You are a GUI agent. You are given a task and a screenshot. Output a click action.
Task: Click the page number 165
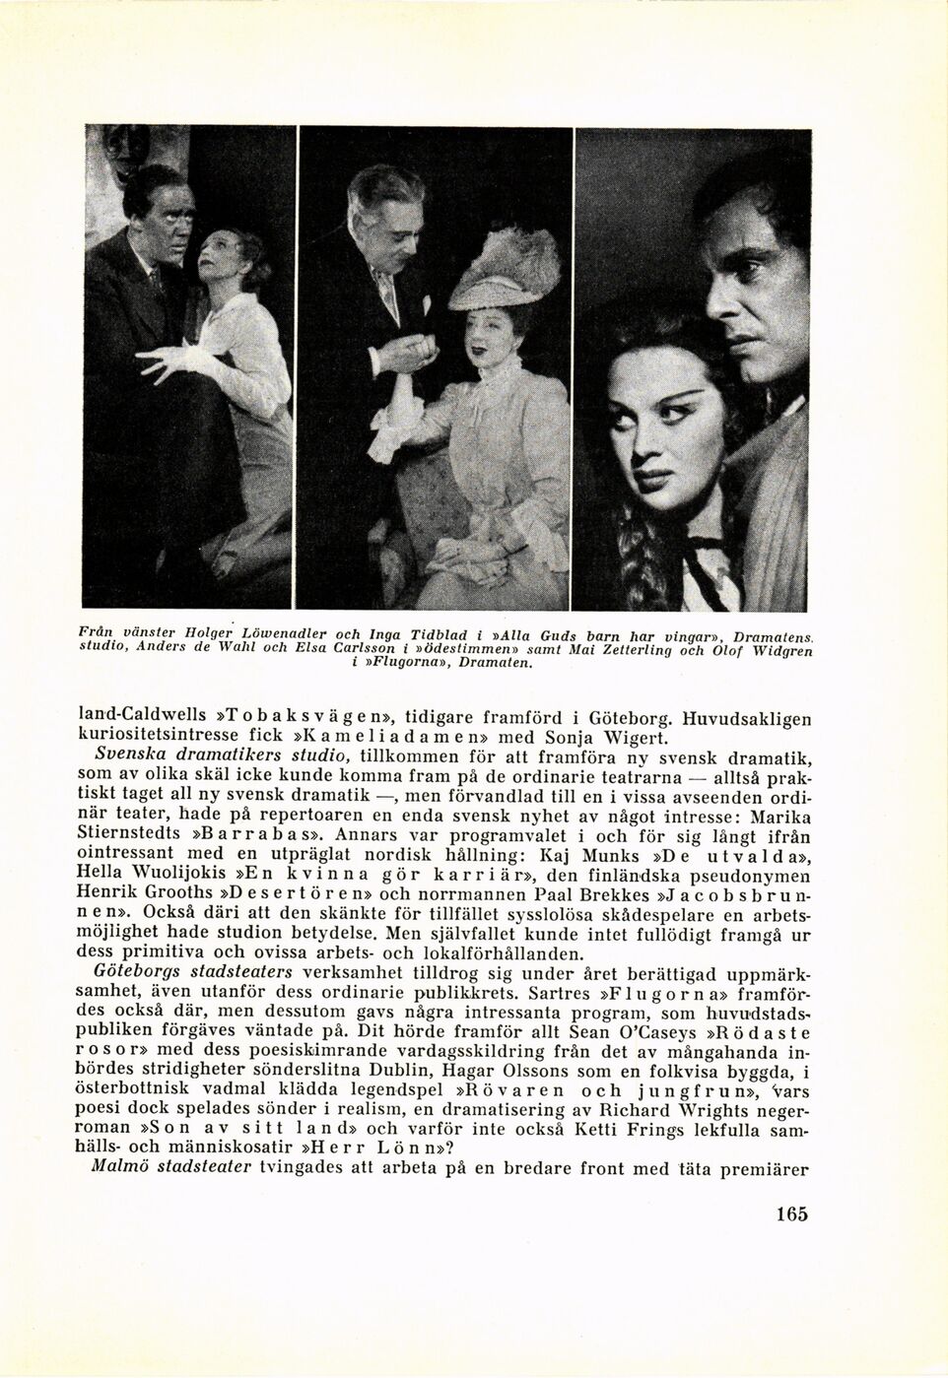790,1214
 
